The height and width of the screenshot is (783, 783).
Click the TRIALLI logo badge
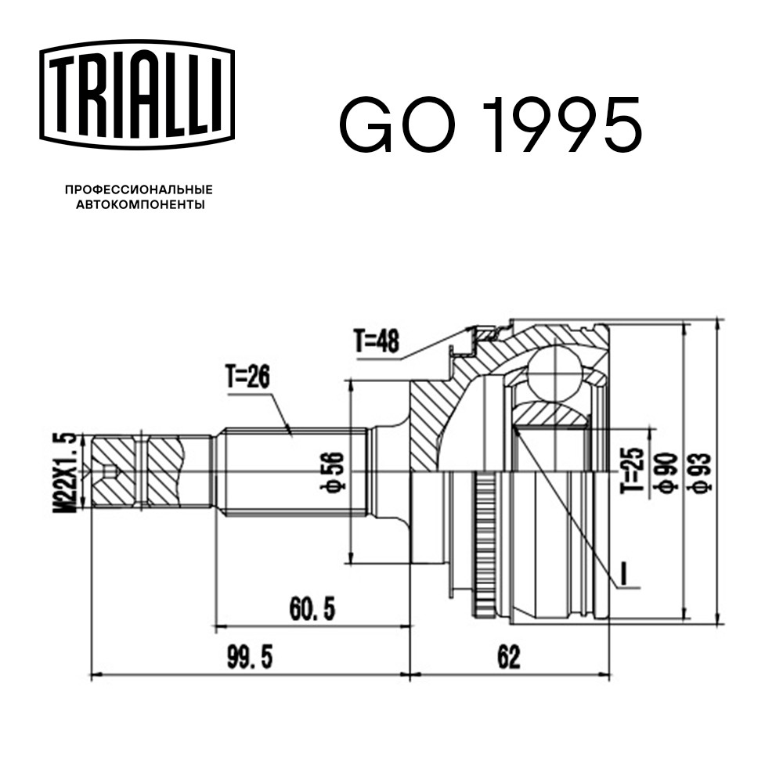[137, 95]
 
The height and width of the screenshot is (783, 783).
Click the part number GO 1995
[490, 125]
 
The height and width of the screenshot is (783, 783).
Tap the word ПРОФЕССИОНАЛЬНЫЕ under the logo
[139, 189]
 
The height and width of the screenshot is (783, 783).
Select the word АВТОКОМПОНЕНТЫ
[140, 204]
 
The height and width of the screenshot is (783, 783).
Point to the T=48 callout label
[377, 341]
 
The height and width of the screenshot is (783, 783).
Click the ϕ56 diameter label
[333, 471]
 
